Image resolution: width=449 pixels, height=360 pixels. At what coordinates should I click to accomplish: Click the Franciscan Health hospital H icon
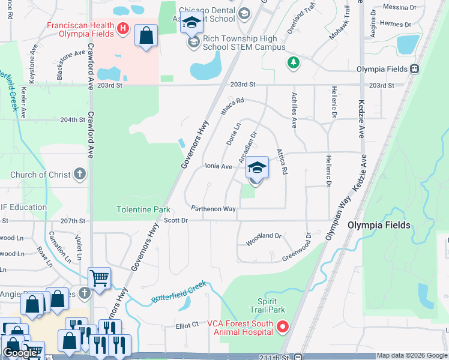[123, 28]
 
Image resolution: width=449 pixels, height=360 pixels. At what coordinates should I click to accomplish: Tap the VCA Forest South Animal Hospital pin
[282, 328]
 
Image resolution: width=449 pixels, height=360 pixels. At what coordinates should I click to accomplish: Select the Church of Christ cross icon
[80, 175]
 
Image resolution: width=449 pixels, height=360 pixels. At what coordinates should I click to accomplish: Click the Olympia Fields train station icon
[414, 69]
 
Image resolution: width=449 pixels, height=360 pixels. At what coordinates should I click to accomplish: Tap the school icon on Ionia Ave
[257, 169]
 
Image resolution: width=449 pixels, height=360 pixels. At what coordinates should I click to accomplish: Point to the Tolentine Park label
[143, 209]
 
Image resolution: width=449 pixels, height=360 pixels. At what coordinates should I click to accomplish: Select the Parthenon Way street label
[213, 209]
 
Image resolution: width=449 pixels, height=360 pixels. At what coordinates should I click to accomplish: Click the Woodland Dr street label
[264, 236]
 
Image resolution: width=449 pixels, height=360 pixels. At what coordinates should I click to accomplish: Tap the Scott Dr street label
[176, 220]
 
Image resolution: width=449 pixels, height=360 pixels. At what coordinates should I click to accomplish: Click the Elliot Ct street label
[187, 325]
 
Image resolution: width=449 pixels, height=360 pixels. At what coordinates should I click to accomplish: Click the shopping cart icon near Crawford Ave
[99, 278]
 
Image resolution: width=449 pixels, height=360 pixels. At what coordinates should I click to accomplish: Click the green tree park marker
[293, 62]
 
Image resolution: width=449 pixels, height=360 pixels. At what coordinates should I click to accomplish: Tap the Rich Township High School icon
[194, 43]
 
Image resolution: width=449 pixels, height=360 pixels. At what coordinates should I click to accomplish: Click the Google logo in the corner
[21, 353]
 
